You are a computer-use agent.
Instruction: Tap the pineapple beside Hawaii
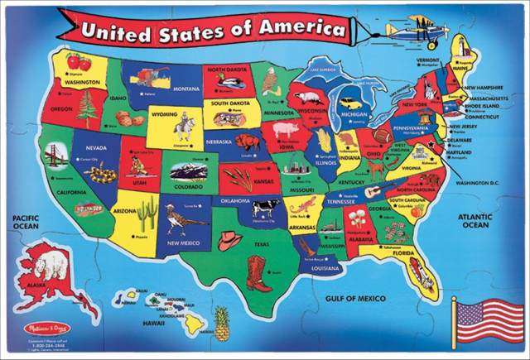point(221,322)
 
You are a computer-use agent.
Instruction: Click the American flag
point(489,319)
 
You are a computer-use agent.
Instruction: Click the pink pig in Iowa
point(285,130)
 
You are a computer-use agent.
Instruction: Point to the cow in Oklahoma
point(266,208)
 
